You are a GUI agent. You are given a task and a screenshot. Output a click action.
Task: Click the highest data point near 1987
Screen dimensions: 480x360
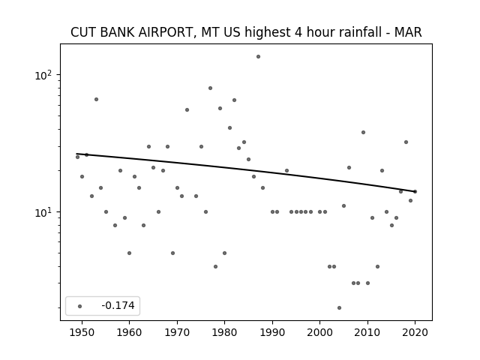click(x=258, y=57)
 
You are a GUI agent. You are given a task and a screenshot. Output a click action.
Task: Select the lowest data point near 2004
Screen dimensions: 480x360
click(x=339, y=308)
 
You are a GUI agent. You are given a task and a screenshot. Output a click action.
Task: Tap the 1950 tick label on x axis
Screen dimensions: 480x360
click(x=82, y=333)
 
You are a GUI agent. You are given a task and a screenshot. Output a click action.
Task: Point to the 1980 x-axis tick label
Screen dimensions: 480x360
click(x=224, y=333)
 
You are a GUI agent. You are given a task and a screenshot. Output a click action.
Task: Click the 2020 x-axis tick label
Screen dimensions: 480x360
click(x=415, y=333)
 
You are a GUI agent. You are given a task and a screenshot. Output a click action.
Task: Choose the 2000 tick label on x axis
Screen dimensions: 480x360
click(x=319, y=333)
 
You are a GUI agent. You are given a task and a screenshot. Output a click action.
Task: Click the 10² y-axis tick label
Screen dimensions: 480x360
click(x=43, y=75)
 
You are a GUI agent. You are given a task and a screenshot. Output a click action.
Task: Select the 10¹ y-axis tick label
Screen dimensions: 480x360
click(x=43, y=212)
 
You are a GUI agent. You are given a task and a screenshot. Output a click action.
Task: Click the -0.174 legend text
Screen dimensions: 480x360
click(x=118, y=305)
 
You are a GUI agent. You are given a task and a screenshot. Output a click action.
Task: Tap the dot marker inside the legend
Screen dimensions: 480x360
click(x=80, y=306)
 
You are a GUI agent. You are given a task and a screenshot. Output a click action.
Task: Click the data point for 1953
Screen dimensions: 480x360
click(x=97, y=100)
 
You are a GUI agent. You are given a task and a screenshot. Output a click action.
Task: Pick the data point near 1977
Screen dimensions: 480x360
click(x=210, y=88)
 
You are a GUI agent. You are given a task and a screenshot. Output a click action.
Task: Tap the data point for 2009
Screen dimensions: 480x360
click(x=363, y=133)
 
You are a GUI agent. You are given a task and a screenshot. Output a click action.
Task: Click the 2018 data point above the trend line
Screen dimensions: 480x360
click(x=406, y=142)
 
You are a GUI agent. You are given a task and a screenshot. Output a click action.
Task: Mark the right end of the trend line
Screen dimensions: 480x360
click(x=415, y=192)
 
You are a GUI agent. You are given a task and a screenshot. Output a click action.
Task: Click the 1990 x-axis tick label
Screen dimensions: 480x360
click(x=272, y=333)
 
